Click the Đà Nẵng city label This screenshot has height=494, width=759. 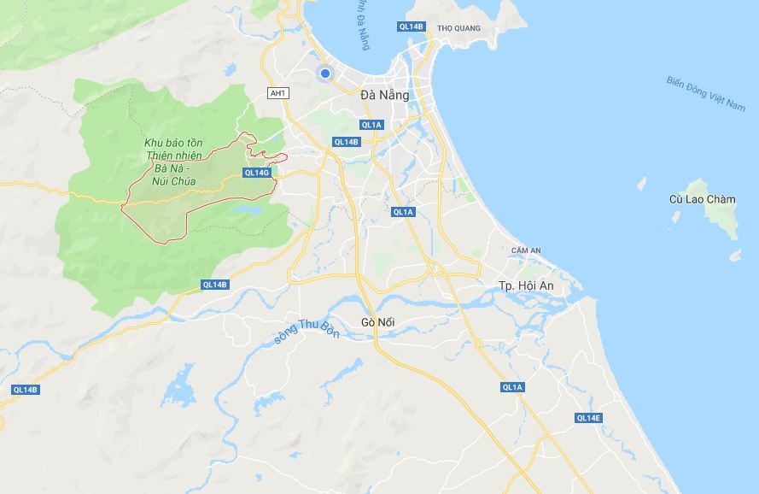tap(384, 95)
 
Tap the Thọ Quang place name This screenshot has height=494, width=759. tap(458, 28)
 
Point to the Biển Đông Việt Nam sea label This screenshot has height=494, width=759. tap(705, 94)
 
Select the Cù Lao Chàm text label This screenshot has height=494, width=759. tap(702, 199)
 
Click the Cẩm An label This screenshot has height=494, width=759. tap(526, 250)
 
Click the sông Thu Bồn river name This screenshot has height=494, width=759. tap(306, 329)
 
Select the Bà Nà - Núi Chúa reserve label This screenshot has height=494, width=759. tap(172, 162)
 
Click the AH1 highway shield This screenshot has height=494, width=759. tap(277, 93)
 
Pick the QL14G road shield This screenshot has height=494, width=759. tap(256, 173)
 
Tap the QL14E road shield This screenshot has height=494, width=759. tap(588, 418)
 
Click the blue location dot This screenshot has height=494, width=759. tap(324, 74)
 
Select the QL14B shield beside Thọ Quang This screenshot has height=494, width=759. tap(411, 26)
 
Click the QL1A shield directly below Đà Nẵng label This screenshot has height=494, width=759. tap(371, 125)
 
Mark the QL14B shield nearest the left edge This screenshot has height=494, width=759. tap(26, 390)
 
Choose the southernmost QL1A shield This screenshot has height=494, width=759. tap(512, 387)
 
